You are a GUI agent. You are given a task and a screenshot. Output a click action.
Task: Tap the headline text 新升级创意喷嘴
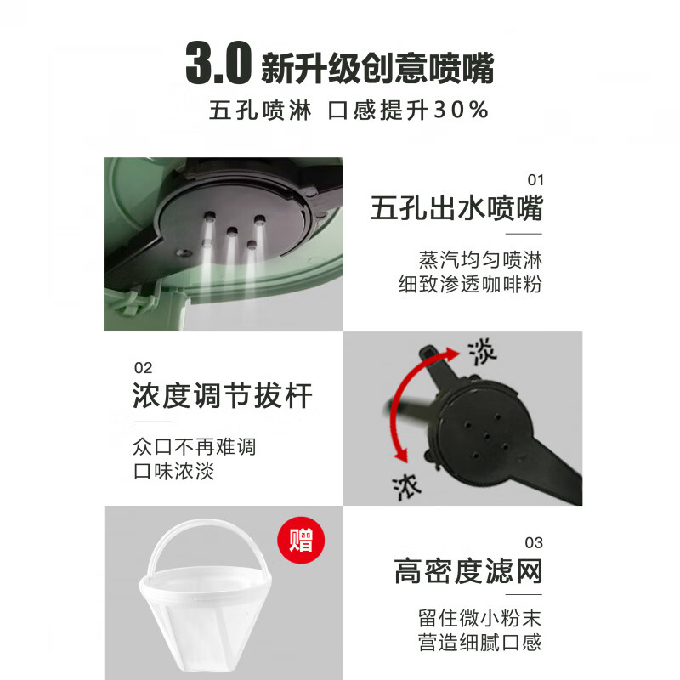pyautogui.click(x=377, y=68)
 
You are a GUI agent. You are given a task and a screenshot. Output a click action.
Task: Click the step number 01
pyautogui.click(x=535, y=180)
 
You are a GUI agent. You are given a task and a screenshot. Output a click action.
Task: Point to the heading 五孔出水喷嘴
pyautogui.click(x=456, y=208)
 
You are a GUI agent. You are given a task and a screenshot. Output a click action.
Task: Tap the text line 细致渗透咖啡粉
pyautogui.click(x=470, y=284)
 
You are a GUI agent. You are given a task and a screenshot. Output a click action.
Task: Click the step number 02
pyautogui.click(x=143, y=368)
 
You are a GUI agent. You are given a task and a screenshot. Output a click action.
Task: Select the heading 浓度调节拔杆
pyautogui.click(x=223, y=396)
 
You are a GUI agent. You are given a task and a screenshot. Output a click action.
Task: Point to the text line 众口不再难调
pyautogui.click(x=194, y=446)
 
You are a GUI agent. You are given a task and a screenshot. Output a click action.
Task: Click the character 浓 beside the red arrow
pyautogui.click(x=407, y=484)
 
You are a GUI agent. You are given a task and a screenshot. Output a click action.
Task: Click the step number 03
pyautogui.click(x=534, y=542)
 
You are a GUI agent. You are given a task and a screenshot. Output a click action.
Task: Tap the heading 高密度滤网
pyautogui.click(x=467, y=571)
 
